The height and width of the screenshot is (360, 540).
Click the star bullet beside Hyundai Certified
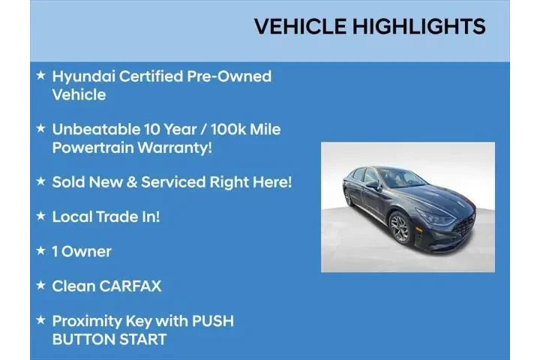pyautogui.click(x=40, y=76)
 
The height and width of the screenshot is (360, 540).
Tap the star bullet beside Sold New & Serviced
pyautogui.click(x=40, y=181)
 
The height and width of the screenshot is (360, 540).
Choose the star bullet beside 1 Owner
pyautogui.click(x=40, y=250)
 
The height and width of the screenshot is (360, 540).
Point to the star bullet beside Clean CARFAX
pyautogui.click(x=40, y=285)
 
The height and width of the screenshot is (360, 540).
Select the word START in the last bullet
pyautogui.click(x=139, y=339)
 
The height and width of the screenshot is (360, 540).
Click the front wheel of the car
pyautogui.click(x=400, y=227)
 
